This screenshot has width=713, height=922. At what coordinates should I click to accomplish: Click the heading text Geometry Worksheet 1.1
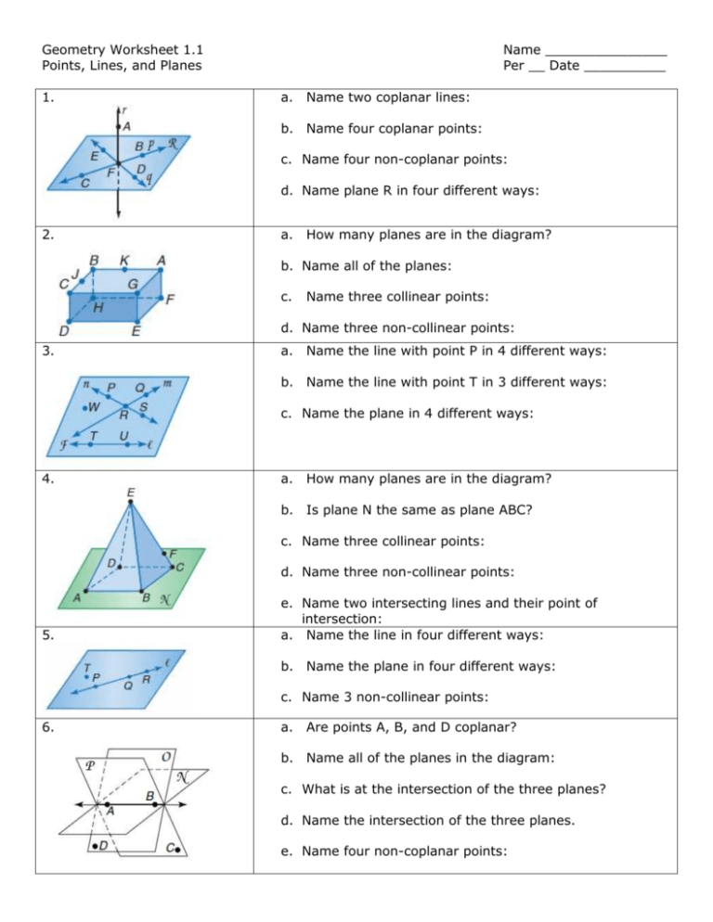[124, 48]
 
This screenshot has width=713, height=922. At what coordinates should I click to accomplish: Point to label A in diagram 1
[127, 126]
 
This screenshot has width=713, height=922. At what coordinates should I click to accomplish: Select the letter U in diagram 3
[123, 434]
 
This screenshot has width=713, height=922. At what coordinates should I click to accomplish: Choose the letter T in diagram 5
[85, 667]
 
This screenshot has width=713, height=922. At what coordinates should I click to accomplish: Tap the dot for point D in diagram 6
[94, 846]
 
